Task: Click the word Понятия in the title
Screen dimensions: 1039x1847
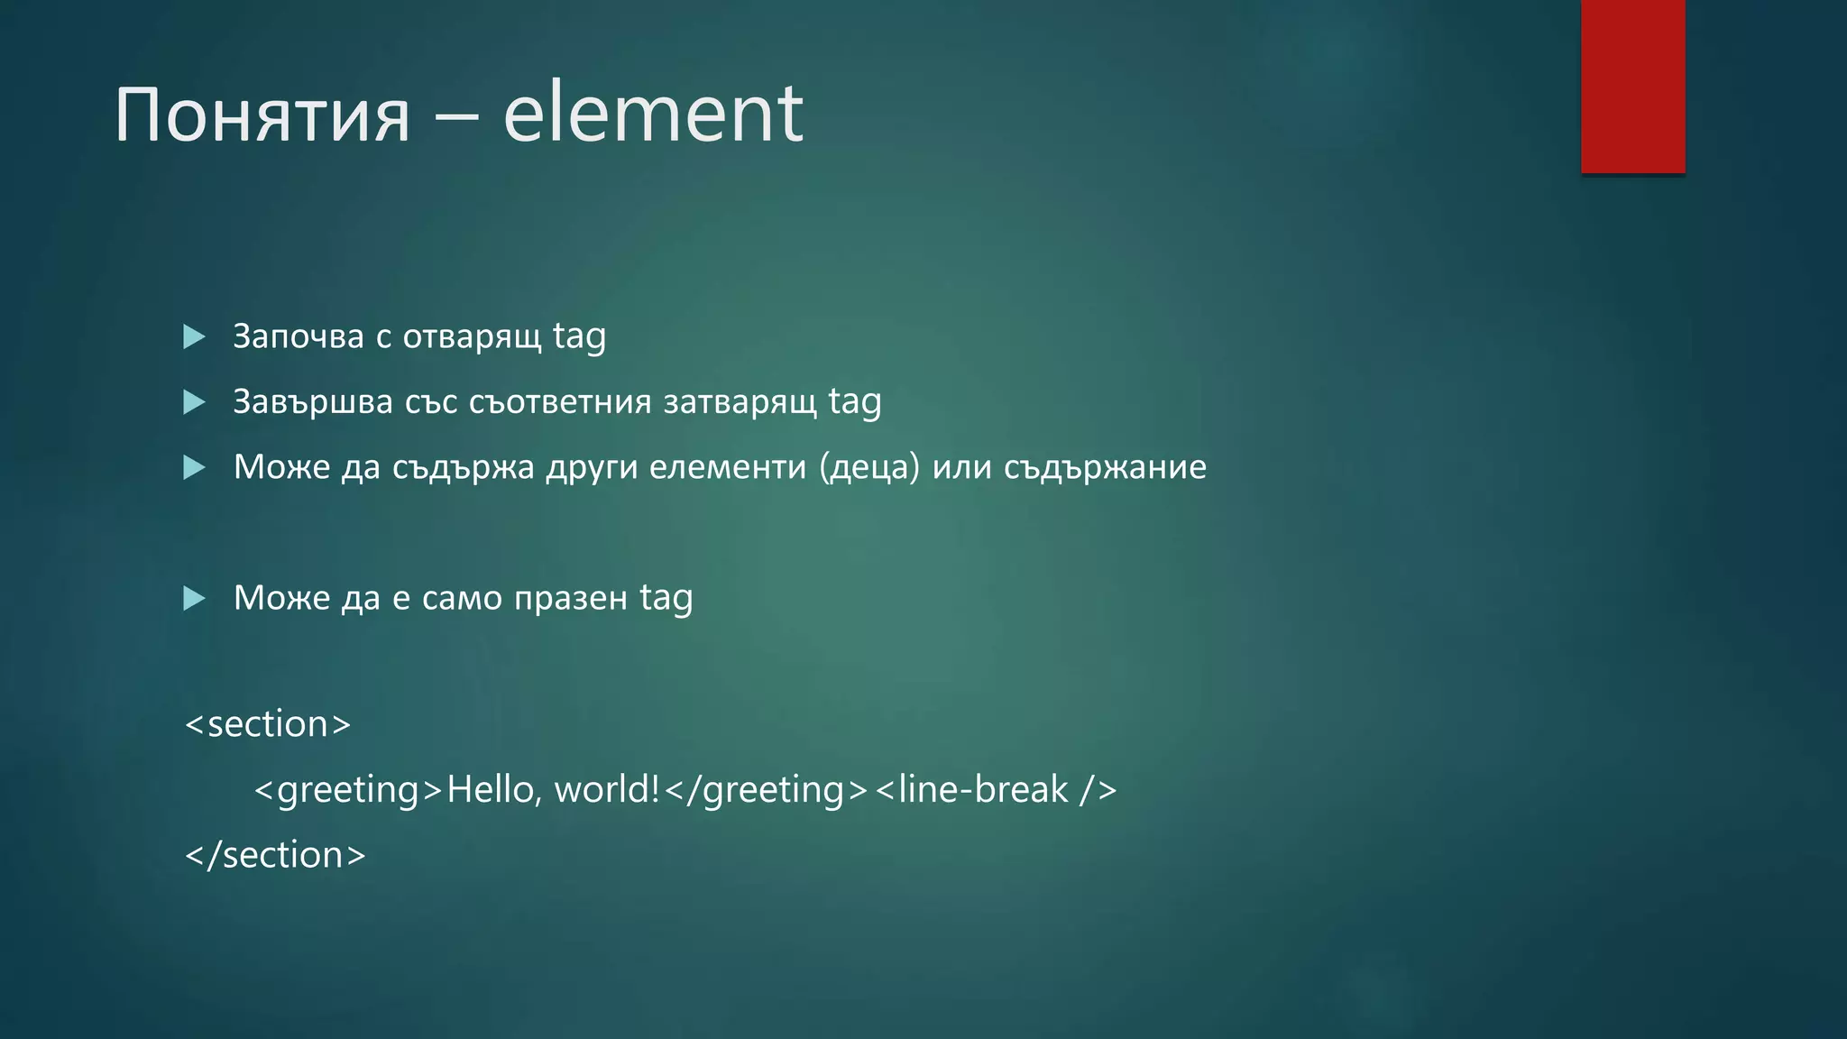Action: tap(262, 115)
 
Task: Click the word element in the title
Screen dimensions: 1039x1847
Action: tap(652, 114)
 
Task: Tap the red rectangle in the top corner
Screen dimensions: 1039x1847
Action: tap(1632, 87)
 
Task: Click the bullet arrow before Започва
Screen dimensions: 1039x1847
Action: tap(194, 337)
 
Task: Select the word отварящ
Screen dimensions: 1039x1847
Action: tap(472, 336)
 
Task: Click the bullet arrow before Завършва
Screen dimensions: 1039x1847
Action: tap(194, 402)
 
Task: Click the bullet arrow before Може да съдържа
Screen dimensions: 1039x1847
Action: tap(194, 467)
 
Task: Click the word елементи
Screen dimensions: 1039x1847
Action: tap(727, 467)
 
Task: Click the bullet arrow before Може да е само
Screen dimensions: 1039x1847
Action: tap(194, 598)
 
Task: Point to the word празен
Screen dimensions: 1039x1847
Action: tap(570, 598)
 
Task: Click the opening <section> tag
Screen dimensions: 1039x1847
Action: tap(268, 724)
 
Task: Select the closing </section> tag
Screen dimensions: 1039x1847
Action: tap(275, 855)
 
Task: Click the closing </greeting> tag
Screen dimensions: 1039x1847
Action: tap(766, 790)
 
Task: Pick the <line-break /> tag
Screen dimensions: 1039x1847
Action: tap(996, 790)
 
